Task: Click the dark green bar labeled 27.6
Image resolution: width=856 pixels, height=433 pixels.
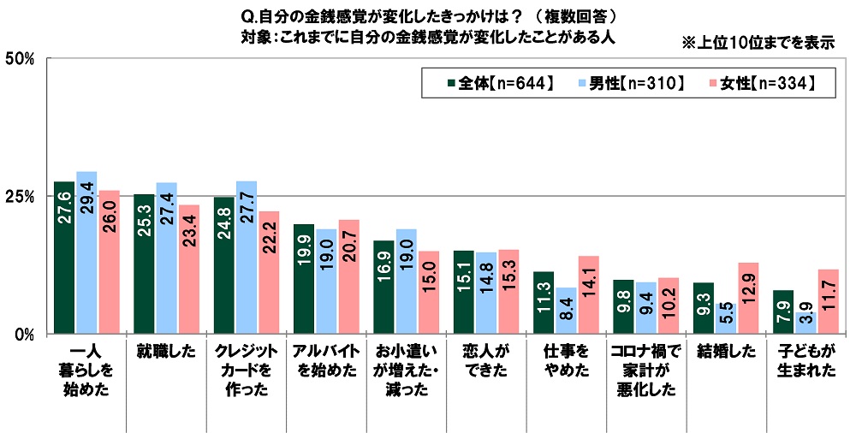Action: (64, 257)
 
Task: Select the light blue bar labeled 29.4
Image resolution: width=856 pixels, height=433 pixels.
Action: (86, 252)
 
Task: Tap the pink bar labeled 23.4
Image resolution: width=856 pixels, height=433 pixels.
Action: (189, 269)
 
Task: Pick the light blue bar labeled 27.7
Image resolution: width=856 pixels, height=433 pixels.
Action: (247, 257)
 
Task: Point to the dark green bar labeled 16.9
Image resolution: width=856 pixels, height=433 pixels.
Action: (384, 287)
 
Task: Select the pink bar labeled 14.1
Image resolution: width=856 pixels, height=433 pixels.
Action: (589, 294)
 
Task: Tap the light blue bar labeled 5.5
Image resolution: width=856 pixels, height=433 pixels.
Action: (727, 317)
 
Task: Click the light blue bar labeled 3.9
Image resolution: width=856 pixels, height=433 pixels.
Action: (806, 323)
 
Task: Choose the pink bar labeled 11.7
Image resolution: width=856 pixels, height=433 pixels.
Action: (829, 301)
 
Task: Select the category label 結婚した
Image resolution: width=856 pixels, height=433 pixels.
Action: (726, 351)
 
